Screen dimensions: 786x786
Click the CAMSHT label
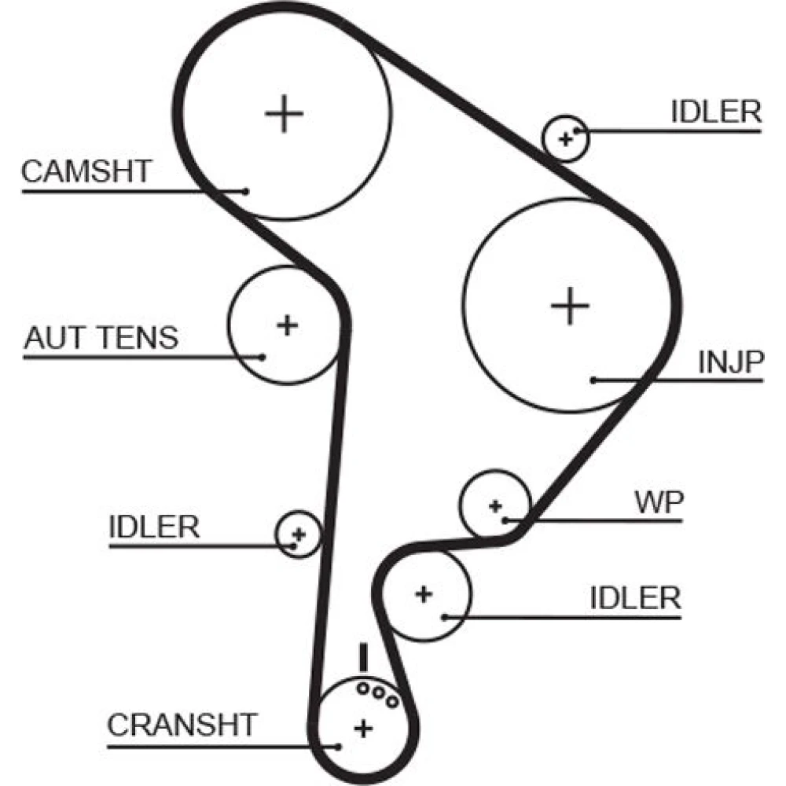86,171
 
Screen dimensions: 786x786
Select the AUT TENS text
101,338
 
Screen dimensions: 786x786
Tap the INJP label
731,362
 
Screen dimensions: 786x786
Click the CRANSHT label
182,724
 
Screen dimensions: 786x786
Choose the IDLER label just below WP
635,598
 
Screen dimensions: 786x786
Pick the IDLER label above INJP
716,112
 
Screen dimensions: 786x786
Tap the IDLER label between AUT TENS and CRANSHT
154,527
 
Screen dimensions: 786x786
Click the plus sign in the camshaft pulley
284,115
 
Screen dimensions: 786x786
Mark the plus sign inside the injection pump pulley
570,306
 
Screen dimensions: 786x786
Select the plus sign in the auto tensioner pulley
288,324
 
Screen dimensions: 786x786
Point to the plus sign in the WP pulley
494,506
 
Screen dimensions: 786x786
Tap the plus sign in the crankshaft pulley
362,728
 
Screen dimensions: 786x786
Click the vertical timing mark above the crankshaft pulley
363,657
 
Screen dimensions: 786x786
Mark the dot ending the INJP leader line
593,380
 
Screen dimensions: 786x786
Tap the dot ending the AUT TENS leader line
263,357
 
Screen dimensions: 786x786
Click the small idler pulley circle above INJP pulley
565,138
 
